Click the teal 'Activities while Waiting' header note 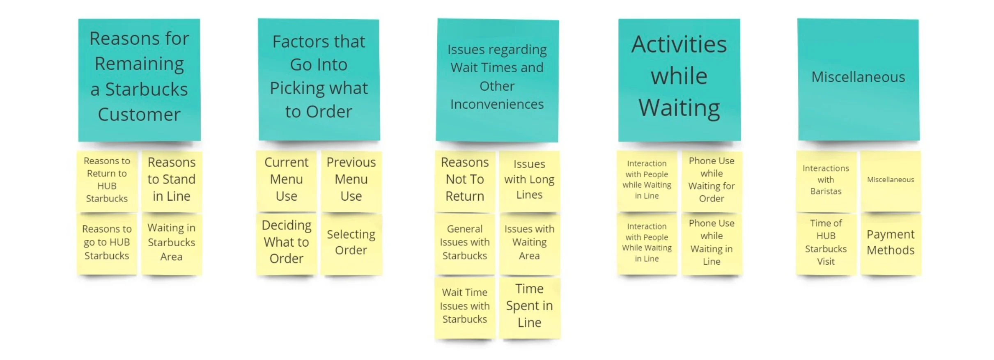click(680, 80)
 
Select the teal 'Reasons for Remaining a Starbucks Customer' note click(139, 80)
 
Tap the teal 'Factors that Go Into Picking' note click(319, 80)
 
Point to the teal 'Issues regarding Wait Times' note click(497, 80)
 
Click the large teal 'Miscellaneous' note click(859, 80)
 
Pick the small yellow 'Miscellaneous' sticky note click(891, 181)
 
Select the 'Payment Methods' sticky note click(891, 244)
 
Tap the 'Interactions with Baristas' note click(826, 181)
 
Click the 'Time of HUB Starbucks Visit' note click(826, 244)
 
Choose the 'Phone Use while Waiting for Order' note click(712, 181)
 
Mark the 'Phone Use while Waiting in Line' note click(712, 244)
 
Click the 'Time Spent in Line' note click(530, 307)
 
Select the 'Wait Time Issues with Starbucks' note click(465, 307)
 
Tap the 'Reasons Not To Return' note click(465, 181)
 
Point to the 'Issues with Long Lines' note click(530, 181)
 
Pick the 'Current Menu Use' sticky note click(286, 181)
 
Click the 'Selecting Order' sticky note click(351, 244)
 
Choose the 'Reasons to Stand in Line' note click(172, 181)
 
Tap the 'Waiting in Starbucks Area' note click(172, 244)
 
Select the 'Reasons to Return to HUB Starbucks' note click(107, 181)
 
